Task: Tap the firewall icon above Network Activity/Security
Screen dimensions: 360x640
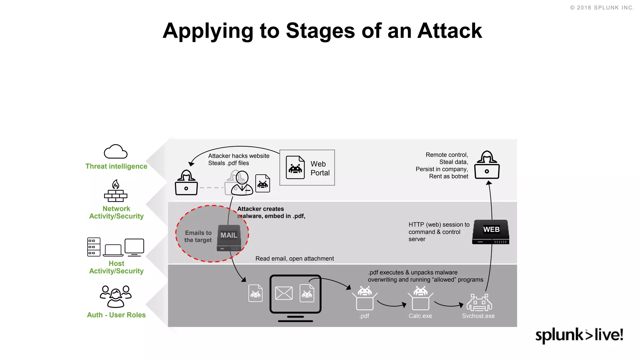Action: (116, 191)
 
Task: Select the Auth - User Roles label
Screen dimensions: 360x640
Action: (116, 315)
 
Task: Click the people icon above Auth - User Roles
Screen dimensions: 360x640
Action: (116, 297)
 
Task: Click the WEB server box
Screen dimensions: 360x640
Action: (491, 232)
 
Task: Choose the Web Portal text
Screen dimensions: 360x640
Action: (320, 168)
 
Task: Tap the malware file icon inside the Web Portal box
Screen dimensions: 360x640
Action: (295, 167)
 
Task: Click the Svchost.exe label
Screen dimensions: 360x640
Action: (478, 316)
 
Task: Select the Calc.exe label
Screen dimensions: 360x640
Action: (420, 316)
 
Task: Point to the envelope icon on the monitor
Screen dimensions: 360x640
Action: (284, 293)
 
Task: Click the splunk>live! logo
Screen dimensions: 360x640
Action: (579, 335)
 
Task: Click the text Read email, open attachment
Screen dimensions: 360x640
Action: (294, 259)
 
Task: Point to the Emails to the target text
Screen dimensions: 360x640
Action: (198, 237)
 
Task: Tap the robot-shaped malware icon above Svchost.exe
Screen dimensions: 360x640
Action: (479, 302)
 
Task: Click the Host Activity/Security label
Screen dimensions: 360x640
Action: (116, 267)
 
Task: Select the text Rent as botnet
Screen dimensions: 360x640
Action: (448, 177)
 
